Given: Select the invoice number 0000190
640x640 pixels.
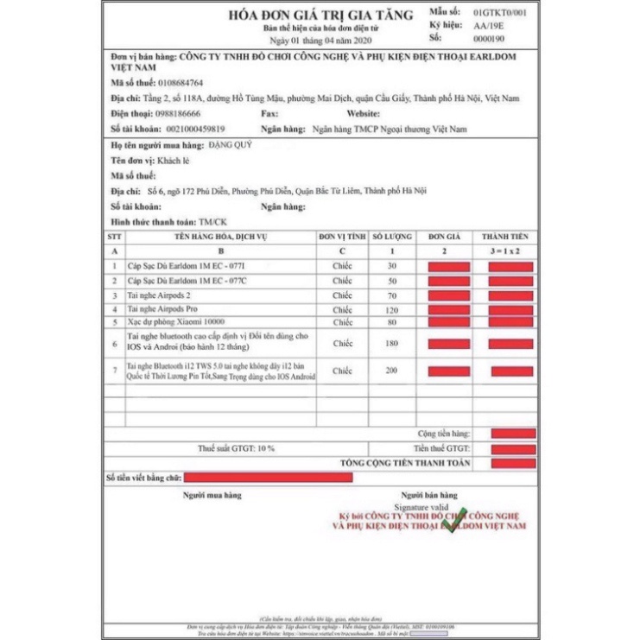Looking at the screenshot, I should [x=488, y=39].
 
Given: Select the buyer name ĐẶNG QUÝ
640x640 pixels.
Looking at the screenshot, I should [x=231, y=145].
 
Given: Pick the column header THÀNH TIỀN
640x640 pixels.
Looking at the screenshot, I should [x=510, y=236].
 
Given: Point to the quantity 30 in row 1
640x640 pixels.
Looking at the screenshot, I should [x=391, y=266].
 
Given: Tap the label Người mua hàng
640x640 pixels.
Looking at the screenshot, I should [x=212, y=496].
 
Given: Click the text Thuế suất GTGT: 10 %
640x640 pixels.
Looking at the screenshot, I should [x=236, y=449].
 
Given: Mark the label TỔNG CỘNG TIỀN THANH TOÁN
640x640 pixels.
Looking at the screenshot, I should [x=405, y=463].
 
